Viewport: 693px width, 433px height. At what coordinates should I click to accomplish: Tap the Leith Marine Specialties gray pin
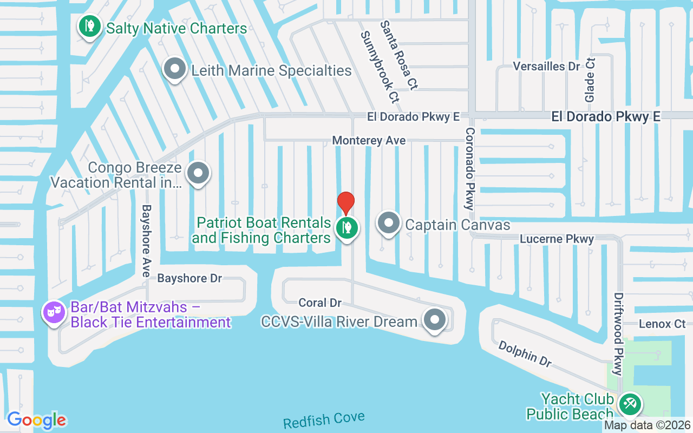click(174, 69)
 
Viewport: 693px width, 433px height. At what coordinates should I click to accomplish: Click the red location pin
click(346, 203)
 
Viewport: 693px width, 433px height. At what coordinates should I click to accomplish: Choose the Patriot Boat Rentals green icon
click(346, 228)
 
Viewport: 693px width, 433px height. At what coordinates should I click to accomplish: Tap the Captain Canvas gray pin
click(388, 222)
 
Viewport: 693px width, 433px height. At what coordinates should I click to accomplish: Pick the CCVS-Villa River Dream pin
click(434, 319)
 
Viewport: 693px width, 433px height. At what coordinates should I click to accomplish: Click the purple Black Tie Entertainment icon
click(55, 312)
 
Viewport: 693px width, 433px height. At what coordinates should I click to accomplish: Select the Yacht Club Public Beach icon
click(630, 404)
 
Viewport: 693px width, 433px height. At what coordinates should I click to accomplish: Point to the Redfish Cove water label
click(324, 420)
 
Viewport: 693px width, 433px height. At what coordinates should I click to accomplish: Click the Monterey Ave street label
click(369, 140)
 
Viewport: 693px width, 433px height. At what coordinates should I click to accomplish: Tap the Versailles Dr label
click(546, 66)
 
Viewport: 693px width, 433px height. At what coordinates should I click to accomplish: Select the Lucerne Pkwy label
click(557, 239)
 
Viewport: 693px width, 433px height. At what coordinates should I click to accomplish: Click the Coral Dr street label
click(320, 303)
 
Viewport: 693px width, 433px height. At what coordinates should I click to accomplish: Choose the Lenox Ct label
click(662, 324)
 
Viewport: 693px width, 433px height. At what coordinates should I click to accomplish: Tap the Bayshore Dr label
click(189, 278)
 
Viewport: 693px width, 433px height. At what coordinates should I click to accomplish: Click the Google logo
click(36, 420)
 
